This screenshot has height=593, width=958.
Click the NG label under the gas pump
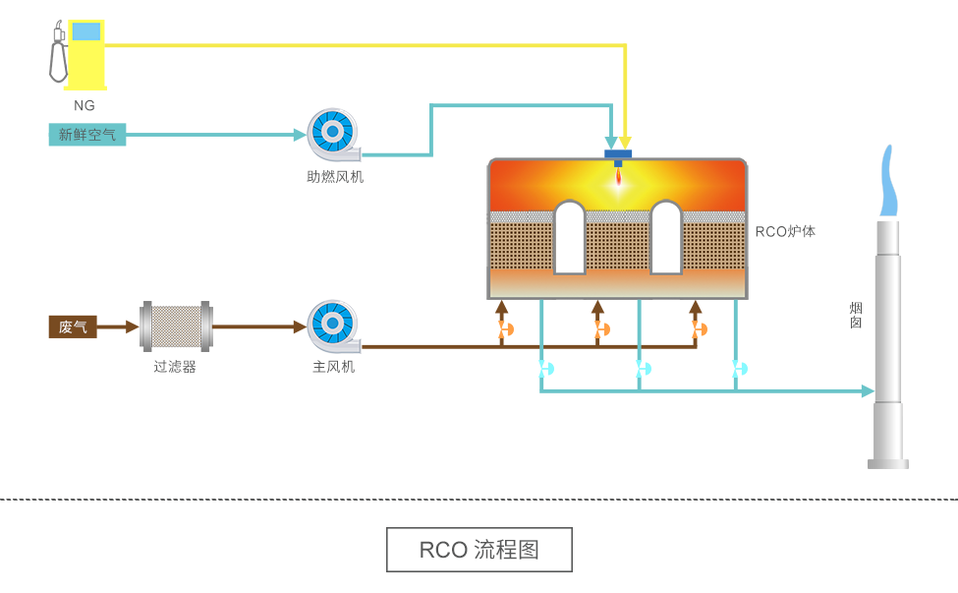click(85, 105)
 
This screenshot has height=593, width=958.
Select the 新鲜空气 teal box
click(87, 135)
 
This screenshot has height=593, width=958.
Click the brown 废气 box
click(73, 326)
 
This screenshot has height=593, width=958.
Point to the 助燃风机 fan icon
click(332, 135)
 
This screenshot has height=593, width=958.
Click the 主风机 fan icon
click(332, 326)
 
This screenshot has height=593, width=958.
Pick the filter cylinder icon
click(176, 326)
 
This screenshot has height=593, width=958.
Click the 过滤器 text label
click(175, 367)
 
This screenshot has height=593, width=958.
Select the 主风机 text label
click(333, 367)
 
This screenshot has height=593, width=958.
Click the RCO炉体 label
click(785, 232)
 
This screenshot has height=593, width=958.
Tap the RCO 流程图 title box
click(479, 550)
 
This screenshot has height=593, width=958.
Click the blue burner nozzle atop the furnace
click(618, 154)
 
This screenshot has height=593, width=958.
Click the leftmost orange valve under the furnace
click(505, 329)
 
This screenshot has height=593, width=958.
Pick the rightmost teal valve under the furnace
click(739, 369)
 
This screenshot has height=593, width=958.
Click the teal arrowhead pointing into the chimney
click(868, 391)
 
